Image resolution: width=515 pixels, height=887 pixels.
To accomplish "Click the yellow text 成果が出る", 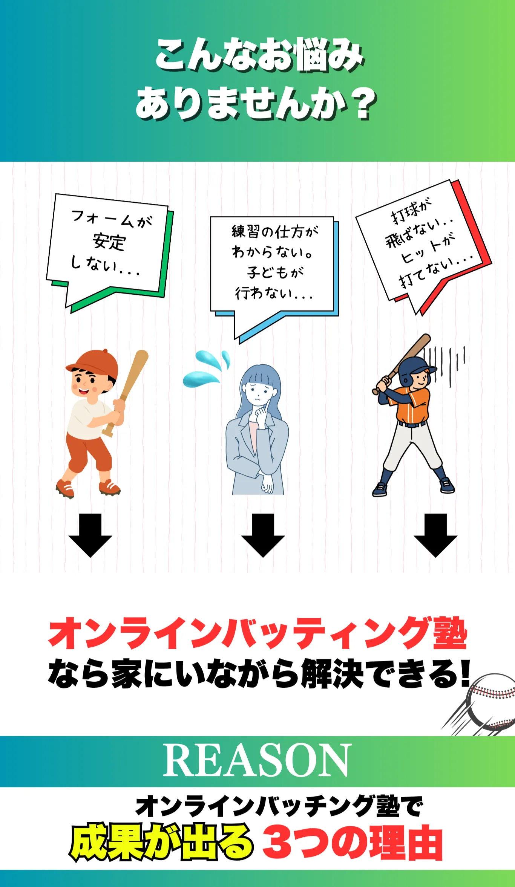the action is (161, 842).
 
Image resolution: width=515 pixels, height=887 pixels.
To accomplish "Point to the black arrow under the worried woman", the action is (263, 535).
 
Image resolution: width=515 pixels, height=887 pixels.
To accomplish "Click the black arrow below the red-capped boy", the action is (90, 535).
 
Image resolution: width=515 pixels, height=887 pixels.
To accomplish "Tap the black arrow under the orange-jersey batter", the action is (435, 535).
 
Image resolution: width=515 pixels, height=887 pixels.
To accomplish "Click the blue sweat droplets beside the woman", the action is (206, 368).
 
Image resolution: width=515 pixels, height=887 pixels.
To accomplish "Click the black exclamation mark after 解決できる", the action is (466, 673).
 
